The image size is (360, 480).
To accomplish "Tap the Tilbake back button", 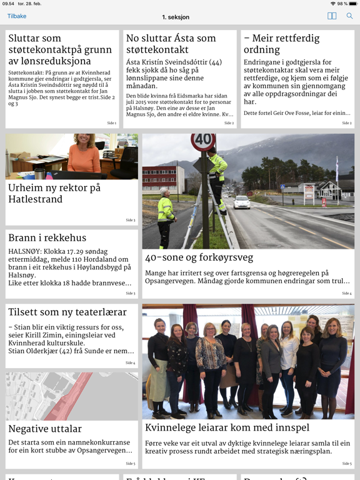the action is click(17, 16).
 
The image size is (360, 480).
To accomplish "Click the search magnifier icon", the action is click(349, 16).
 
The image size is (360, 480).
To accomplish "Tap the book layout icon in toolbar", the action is click(332, 16).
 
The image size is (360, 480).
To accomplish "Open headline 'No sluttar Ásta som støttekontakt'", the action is click(171, 44).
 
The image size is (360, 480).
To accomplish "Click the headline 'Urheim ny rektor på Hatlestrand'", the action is click(54, 193).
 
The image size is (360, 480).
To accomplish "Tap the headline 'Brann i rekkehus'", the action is click(47, 238).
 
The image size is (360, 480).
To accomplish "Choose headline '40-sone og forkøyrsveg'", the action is click(199, 257).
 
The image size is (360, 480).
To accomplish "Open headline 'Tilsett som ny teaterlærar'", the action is click(67, 312).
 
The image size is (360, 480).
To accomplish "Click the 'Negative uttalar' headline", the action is click(45, 429).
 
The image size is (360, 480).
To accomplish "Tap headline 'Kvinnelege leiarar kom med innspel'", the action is click(227, 427).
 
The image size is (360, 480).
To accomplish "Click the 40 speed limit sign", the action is click(202, 141).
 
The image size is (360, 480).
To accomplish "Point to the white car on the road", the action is click(242, 202).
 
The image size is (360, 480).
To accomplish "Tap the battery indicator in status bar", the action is click(351, 4).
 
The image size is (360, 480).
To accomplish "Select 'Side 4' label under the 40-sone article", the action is click(346, 293).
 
